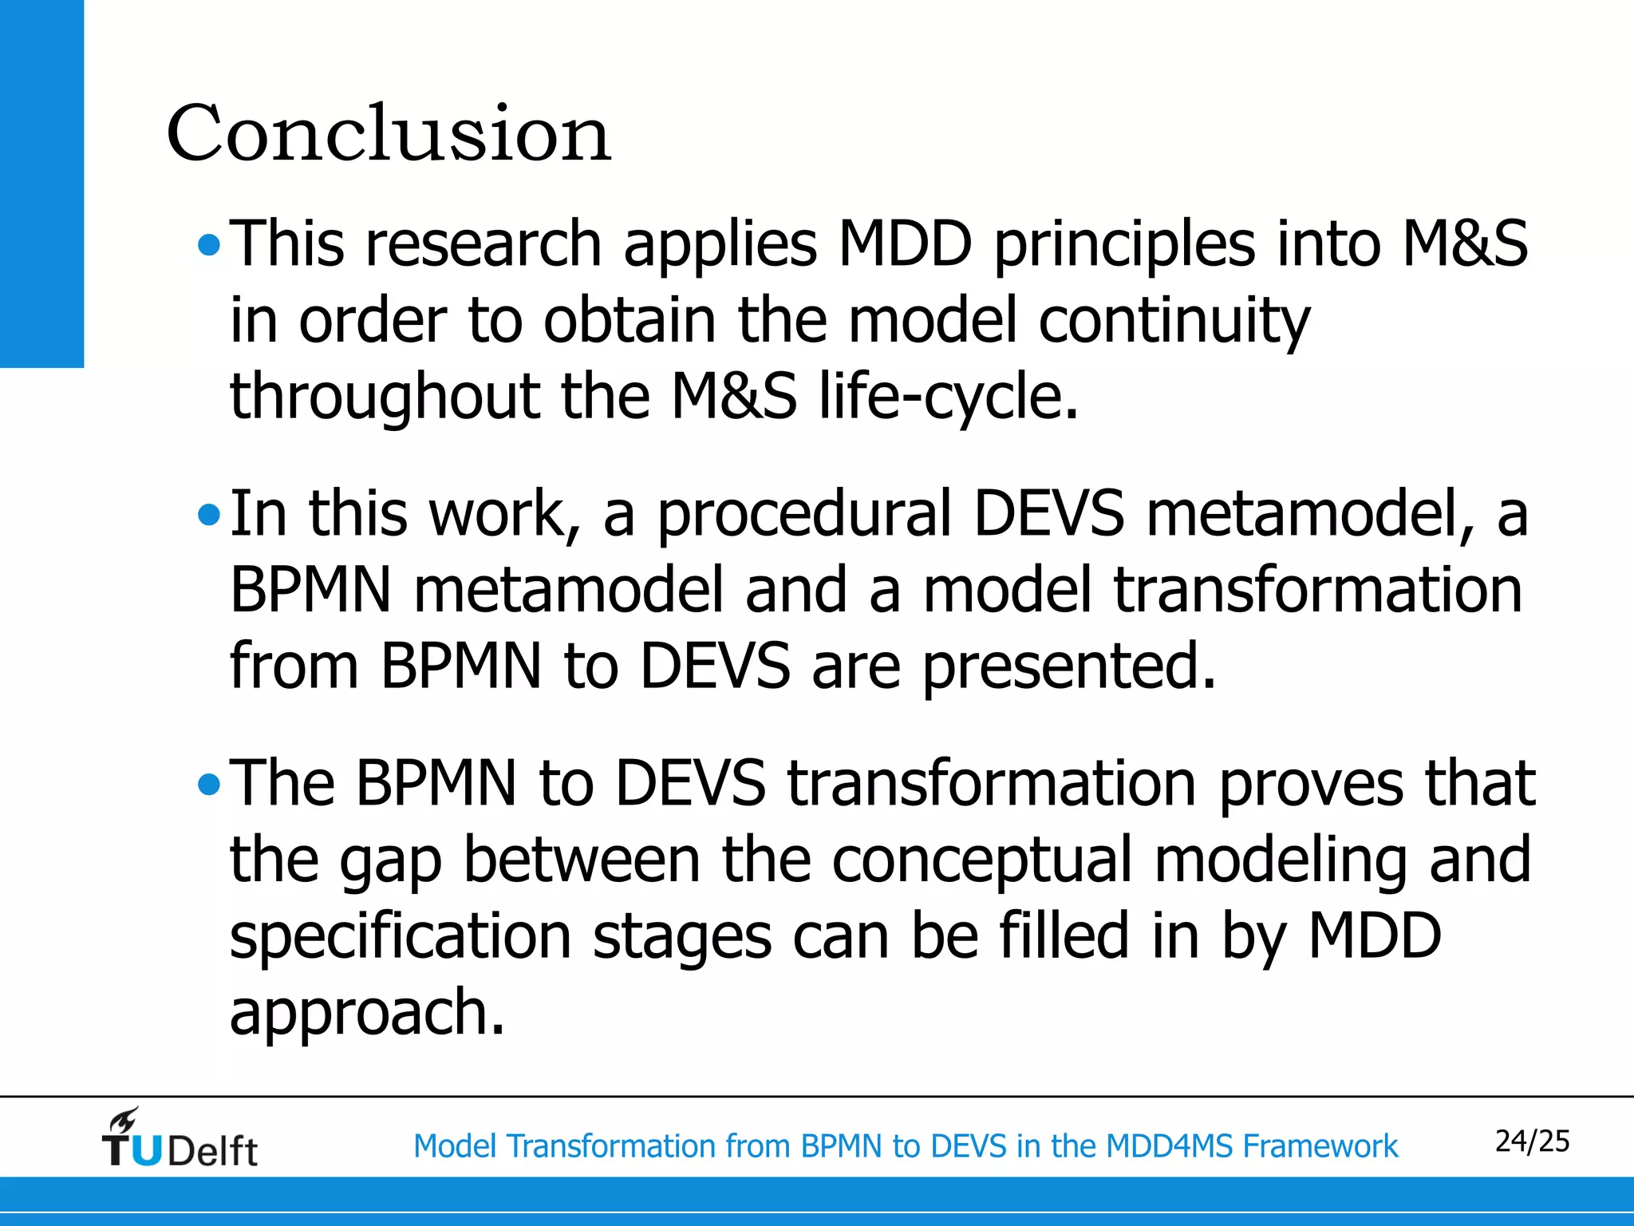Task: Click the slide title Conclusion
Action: [389, 133]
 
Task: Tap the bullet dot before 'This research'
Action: [209, 246]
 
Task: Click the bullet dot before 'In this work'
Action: [209, 515]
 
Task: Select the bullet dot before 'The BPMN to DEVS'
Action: [209, 785]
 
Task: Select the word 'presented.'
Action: [1069, 666]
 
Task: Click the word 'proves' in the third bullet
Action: [1310, 785]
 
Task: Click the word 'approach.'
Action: [367, 1013]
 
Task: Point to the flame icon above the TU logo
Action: [125, 1119]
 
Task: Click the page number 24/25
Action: [1531, 1141]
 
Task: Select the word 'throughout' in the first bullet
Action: [385, 397]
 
